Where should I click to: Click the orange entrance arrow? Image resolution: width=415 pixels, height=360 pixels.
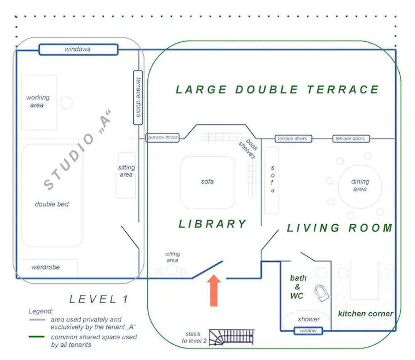pyautogui.click(x=214, y=291)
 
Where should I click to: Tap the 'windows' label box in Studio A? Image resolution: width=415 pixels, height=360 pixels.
pyautogui.click(x=78, y=49)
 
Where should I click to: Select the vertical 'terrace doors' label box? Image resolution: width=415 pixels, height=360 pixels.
pyautogui.click(x=138, y=98)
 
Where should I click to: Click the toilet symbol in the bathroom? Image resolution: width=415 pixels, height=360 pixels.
pyautogui.click(x=322, y=293)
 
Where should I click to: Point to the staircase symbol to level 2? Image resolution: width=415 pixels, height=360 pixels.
pyautogui.click(x=232, y=338)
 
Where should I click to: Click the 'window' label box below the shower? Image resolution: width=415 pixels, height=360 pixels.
pyautogui.click(x=308, y=331)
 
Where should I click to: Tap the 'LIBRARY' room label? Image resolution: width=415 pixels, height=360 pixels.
pyautogui.click(x=212, y=224)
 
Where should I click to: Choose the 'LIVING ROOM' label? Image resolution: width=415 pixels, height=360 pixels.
pyautogui.click(x=340, y=228)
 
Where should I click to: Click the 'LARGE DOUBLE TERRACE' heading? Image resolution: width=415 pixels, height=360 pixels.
pyautogui.click(x=277, y=90)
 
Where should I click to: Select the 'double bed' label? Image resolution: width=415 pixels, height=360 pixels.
pyautogui.click(x=51, y=204)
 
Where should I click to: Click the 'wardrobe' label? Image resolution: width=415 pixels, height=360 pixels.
pyautogui.click(x=46, y=267)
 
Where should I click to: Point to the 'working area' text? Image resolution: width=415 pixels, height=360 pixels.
pyautogui.click(x=38, y=101)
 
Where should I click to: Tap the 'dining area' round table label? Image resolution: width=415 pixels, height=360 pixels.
pyautogui.click(x=360, y=185)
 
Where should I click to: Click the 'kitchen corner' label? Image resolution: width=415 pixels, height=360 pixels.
pyautogui.click(x=366, y=313)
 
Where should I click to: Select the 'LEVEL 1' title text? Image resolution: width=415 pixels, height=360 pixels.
pyautogui.click(x=99, y=299)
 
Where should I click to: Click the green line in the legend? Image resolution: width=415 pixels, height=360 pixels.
pyautogui.click(x=37, y=337)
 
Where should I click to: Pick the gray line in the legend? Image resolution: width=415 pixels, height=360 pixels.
pyautogui.click(x=37, y=320)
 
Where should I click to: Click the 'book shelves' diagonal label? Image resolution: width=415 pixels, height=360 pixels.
pyautogui.click(x=249, y=148)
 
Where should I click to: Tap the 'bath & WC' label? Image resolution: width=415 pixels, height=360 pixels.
pyautogui.click(x=298, y=287)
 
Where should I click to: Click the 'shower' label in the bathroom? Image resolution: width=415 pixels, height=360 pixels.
pyautogui.click(x=309, y=319)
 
